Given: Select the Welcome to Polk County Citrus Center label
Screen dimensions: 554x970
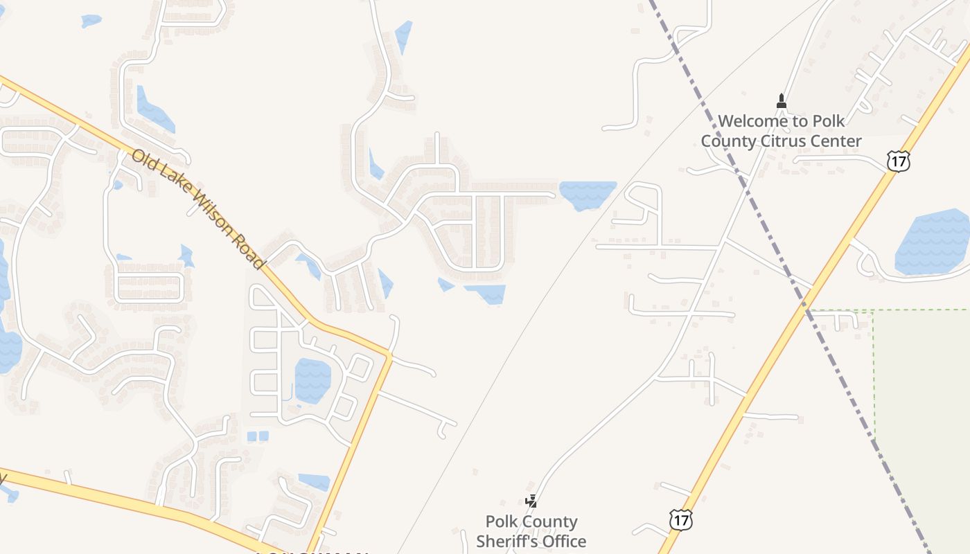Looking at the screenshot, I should coord(781,131).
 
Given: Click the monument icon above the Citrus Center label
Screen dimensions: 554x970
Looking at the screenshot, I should coord(782,101).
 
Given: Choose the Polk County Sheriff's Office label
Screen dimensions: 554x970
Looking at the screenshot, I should coord(531,531).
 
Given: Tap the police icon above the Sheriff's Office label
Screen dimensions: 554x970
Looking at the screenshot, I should coord(531,501).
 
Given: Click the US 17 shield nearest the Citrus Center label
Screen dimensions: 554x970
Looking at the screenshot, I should coord(898,161).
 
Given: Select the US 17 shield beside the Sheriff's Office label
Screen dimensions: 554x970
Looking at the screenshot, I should coord(681,519).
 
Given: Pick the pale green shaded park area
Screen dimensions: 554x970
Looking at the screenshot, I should coord(921,388).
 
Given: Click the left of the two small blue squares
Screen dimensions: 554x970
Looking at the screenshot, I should coord(252,436).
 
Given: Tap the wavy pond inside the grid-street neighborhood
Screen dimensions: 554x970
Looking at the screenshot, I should coord(312,380).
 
